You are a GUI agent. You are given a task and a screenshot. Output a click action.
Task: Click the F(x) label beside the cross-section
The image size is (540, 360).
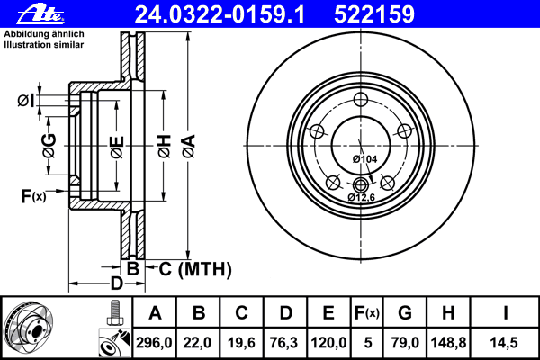coord(32,195)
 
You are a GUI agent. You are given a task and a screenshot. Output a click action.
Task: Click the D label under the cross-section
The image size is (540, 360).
coord(116,284)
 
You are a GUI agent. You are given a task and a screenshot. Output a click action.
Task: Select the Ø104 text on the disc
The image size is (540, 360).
coord(364,159)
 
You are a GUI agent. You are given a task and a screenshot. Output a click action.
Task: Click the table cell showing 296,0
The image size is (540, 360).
coord(155,342)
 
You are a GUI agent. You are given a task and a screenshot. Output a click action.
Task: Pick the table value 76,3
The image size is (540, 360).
coord(285,342)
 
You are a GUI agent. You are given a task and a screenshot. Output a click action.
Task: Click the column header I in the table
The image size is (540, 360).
coord(505,313)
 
